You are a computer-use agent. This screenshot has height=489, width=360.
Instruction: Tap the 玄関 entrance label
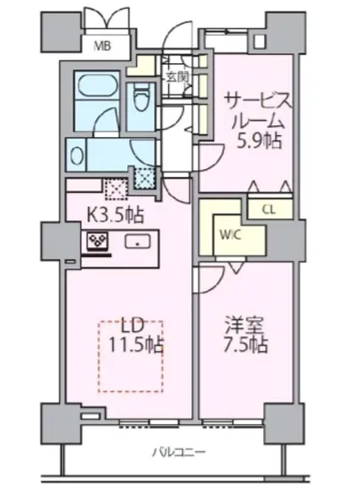pyautogui.click(x=175, y=76)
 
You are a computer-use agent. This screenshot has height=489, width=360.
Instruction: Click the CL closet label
pyautogui.click(x=268, y=210)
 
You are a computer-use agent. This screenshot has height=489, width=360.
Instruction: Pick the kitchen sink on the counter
pyautogui.click(x=137, y=241)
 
